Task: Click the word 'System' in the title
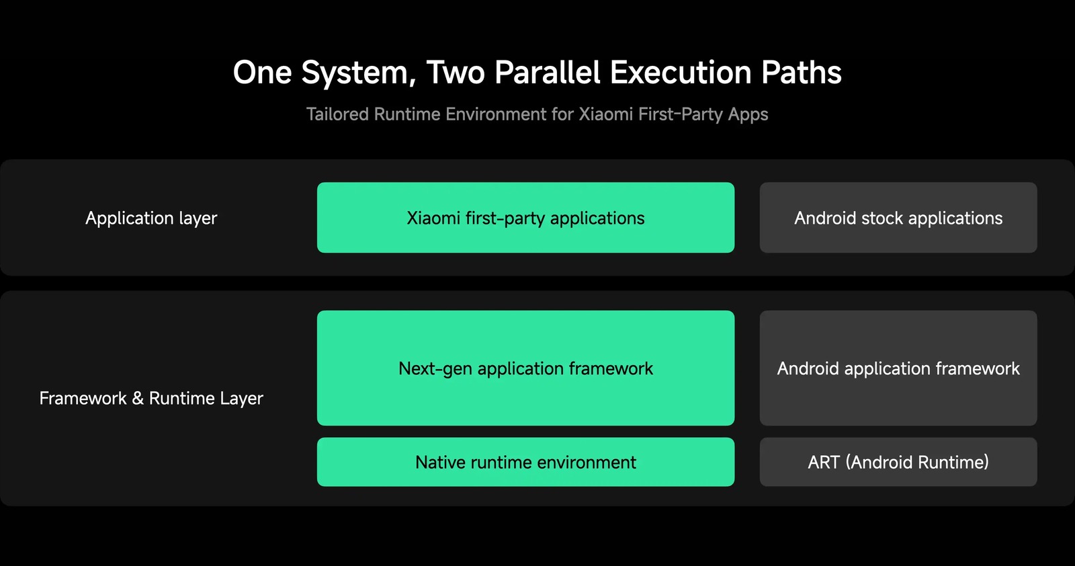(358, 73)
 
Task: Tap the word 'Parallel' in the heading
(547, 73)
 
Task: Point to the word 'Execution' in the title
(681, 73)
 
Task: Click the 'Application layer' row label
(151, 218)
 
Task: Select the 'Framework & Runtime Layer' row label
(151, 399)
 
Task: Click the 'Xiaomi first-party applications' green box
(525, 218)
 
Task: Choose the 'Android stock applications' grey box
(898, 218)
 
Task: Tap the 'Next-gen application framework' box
(525, 368)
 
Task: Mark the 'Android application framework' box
(898, 368)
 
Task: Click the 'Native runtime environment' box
(525, 462)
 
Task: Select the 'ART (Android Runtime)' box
(898, 462)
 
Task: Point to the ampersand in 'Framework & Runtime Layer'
(138, 398)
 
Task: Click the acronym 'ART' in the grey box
(824, 462)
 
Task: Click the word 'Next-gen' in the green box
(435, 369)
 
